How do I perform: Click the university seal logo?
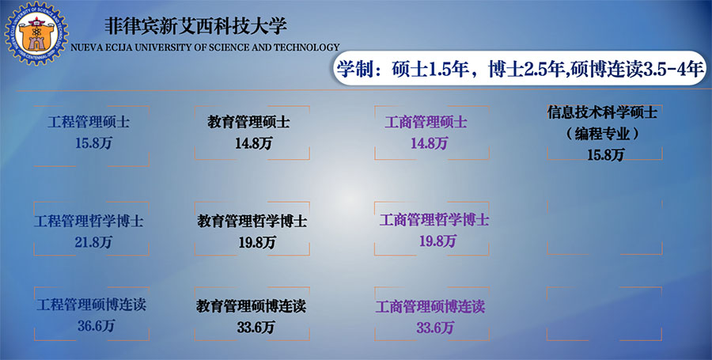click(x=36, y=32)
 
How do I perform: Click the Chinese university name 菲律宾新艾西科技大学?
click(x=195, y=26)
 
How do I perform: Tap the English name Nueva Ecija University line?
click(x=205, y=47)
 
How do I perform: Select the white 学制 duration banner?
click(x=520, y=69)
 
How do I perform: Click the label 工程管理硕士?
click(x=89, y=122)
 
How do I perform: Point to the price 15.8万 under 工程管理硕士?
click(x=93, y=143)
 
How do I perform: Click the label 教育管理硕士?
click(x=248, y=122)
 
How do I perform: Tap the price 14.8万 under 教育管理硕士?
click(x=253, y=143)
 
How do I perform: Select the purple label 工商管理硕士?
click(x=426, y=122)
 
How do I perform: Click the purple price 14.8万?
click(x=429, y=143)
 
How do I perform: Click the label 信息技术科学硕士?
click(x=602, y=112)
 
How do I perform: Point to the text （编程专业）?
click(x=603, y=134)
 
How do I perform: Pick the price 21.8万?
click(x=93, y=242)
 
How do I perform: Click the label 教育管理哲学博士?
click(x=252, y=221)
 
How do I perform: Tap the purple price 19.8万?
click(x=437, y=241)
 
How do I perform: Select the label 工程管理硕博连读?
click(x=91, y=304)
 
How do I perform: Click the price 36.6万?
click(x=96, y=325)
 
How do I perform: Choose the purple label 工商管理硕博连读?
click(x=430, y=306)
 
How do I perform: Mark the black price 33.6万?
click(x=256, y=328)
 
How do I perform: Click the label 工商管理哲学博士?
click(x=434, y=220)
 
